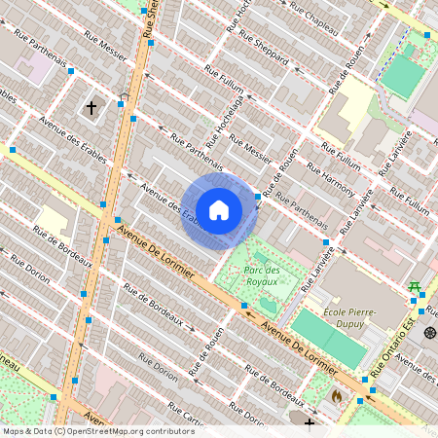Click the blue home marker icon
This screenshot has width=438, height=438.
click(219, 209)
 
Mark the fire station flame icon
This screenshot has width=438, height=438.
click(337, 396)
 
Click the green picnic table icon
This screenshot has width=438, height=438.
click(415, 285)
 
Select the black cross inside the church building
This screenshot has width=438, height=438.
click(92, 106)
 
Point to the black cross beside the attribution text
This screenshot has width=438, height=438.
click(310, 424)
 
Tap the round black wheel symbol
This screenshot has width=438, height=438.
click(430, 333)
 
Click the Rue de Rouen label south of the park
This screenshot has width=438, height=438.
click(205, 341)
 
